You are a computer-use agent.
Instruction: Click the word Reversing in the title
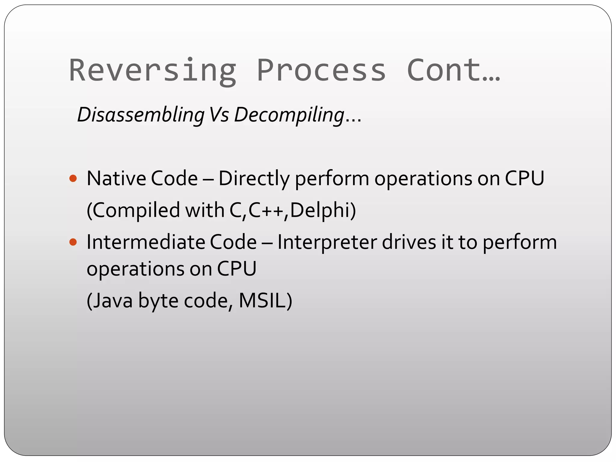click(153, 70)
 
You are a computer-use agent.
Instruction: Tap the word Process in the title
click(321, 70)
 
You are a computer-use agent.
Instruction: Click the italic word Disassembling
click(141, 115)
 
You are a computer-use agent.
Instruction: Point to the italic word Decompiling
click(289, 115)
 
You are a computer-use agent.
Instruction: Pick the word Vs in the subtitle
click(219, 115)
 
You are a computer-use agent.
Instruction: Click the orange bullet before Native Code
click(73, 179)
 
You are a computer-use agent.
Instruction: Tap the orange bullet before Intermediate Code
click(73, 242)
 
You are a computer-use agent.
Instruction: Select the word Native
click(116, 178)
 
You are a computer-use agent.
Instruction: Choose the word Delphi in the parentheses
click(320, 210)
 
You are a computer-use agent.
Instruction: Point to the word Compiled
click(135, 210)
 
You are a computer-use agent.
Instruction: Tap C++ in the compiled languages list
click(266, 210)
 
